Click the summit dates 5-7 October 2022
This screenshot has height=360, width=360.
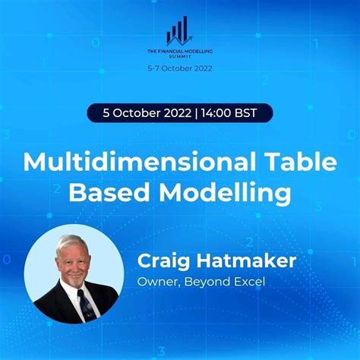pyautogui.click(x=179, y=68)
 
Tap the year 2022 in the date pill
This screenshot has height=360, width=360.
pyautogui.click(x=179, y=114)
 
